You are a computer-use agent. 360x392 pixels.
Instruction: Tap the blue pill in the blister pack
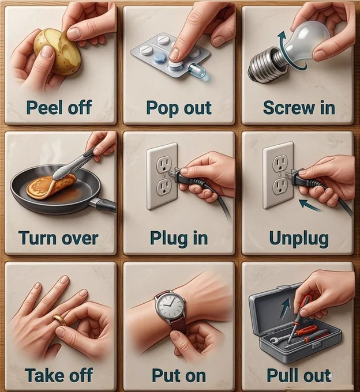158,58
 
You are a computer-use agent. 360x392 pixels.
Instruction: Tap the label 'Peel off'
59,107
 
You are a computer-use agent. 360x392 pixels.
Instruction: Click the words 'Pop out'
179,108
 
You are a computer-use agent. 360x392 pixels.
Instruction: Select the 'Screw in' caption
299,107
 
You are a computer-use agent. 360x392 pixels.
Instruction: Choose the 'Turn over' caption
58,238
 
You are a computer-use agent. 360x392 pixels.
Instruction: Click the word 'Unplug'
299,239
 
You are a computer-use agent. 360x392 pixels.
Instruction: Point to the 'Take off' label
59,375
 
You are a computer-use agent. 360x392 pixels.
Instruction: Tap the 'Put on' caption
179,375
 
